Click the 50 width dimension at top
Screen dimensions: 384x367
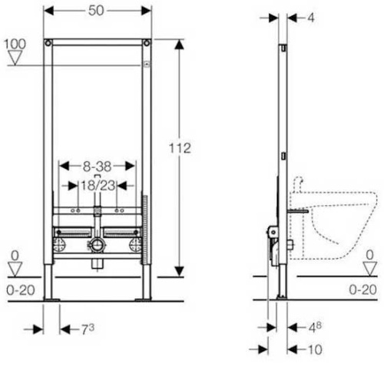[96, 11]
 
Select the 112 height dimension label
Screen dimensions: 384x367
[180, 148]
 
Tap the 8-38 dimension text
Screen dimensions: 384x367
[97, 167]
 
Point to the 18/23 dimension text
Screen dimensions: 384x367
[98, 185]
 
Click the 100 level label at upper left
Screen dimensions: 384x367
[15, 44]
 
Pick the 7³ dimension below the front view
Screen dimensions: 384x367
[88, 329]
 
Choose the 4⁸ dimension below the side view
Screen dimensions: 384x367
[315, 327]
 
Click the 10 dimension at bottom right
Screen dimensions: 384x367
[314, 349]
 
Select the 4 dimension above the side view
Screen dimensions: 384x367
[310, 18]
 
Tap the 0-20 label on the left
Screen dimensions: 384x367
[21, 290]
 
